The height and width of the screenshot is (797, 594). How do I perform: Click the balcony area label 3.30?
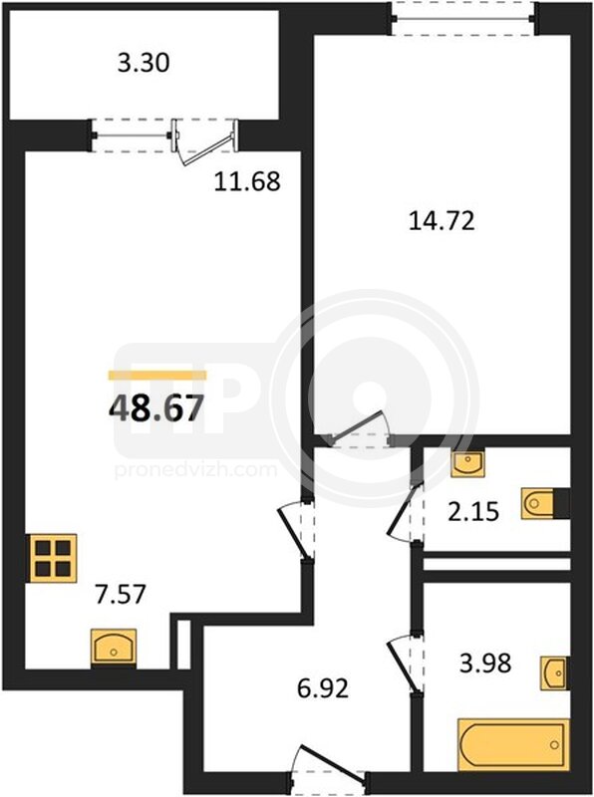coord(144,63)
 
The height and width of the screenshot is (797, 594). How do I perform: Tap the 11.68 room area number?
coord(246,181)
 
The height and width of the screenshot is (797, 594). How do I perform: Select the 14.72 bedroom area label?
coord(442,221)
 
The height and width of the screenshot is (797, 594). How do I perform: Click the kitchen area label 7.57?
coord(121,594)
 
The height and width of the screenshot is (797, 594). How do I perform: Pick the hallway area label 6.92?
coord(323,688)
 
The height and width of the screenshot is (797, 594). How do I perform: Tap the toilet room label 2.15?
coord(473,511)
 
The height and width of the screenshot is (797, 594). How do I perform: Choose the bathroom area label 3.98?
coord(485,663)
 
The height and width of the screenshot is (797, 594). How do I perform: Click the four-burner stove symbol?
coord(52,558)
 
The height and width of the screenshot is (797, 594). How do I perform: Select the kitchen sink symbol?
coord(114,647)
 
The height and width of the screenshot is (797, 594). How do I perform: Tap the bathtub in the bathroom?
coord(512,744)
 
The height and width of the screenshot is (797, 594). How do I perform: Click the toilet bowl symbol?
coord(544,504)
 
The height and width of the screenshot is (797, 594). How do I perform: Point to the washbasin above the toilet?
coord(467,462)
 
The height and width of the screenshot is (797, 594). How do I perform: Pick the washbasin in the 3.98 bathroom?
coord(554,673)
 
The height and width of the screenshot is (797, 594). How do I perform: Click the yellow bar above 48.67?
coord(157,376)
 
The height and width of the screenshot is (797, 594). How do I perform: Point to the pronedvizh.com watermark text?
coord(196,470)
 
